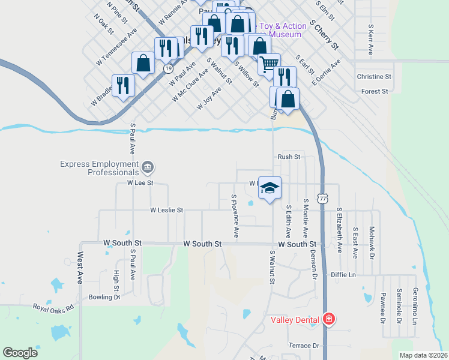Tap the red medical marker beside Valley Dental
click(x=328, y=319)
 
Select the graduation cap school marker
click(x=270, y=188)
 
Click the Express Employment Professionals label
click(x=99, y=168)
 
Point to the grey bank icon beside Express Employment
click(x=148, y=167)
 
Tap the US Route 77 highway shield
click(x=324, y=199)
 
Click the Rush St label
click(x=288, y=157)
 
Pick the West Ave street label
click(x=80, y=271)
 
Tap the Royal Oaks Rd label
click(x=53, y=307)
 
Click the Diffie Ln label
click(x=343, y=275)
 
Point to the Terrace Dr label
click(x=303, y=346)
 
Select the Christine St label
click(x=373, y=77)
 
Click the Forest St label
click(x=375, y=91)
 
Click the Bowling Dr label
click(x=104, y=297)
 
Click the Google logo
click(x=20, y=353)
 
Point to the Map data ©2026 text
click(x=423, y=355)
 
